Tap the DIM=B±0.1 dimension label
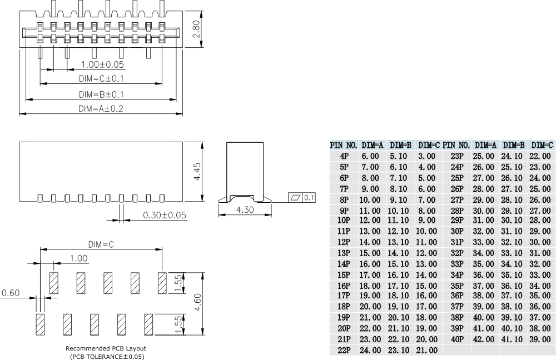tap(101, 94)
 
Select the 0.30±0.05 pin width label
tap(164, 215)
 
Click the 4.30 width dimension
tap(245, 210)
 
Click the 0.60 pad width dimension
tap(11, 293)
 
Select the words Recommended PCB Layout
tap(106, 348)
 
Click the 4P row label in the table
tap(344, 157)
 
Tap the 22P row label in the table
tap(344, 350)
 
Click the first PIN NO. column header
tap(344, 145)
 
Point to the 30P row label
tap(456, 231)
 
